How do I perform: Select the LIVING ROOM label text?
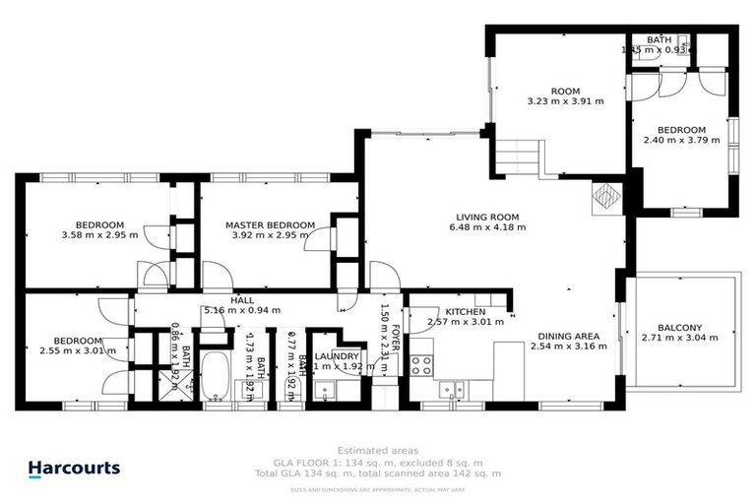click(x=486, y=217)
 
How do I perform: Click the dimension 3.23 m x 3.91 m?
click(x=565, y=100)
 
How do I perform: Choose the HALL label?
click(x=242, y=300)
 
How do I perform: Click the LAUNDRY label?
click(x=337, y=356)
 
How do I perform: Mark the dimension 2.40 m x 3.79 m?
click(x=680, y=140)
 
